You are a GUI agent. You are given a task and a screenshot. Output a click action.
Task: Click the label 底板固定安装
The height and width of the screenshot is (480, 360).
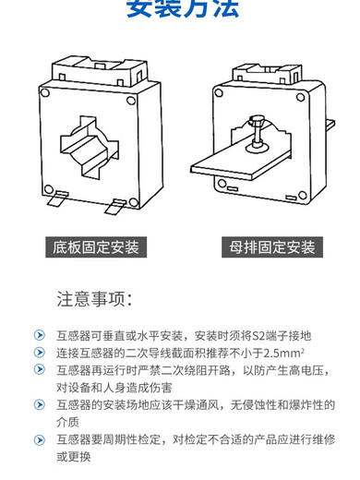pos(93,247)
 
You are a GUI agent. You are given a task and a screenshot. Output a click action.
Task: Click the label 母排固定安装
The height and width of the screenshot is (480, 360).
pos(271,247)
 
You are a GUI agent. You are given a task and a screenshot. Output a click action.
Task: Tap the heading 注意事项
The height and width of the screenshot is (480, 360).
pos(95,299)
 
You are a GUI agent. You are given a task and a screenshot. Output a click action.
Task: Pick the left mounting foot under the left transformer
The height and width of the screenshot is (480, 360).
pos(56,198)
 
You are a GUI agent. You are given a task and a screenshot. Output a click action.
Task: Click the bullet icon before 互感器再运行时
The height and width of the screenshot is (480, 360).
pos(38,369)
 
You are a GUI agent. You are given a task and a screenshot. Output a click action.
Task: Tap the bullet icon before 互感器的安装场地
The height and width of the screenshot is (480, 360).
pos(38,404)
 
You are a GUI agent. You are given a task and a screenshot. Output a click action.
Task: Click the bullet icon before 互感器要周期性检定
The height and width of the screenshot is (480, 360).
pos(38,439)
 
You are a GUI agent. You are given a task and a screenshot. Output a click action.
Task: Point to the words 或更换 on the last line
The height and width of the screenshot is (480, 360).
pos(75,457)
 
